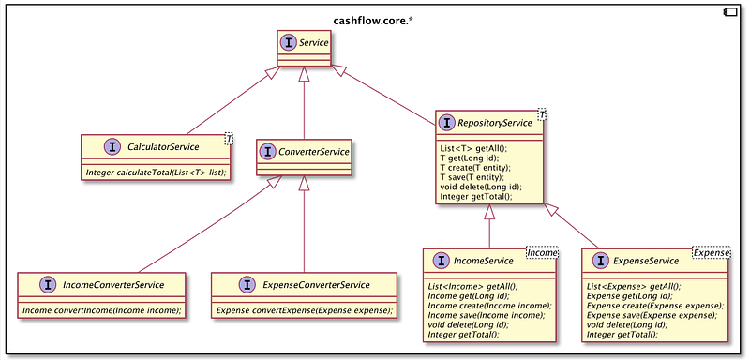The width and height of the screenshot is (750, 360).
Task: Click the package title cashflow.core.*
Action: pos(373,21)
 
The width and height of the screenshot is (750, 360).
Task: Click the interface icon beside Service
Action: pos(288,43)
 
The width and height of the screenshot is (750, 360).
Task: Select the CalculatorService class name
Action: pos(163,147)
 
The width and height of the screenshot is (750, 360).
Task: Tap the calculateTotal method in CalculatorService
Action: pos(156,172)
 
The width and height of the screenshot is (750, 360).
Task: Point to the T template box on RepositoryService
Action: pos(542,114)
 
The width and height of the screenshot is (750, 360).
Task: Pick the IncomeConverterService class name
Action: pos(113,285)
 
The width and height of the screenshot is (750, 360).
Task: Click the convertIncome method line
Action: pos(102,310)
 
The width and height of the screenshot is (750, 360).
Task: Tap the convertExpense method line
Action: pos(304,310)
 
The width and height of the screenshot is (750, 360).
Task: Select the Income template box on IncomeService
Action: pos(543,252)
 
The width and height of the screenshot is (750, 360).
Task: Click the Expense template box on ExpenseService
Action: pos(712,252)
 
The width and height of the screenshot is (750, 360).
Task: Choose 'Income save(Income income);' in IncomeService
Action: pos(487,316)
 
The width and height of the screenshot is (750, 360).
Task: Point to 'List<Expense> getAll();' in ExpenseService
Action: pos(634,287)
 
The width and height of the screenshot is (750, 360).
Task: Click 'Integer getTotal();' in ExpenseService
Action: pos(622,335)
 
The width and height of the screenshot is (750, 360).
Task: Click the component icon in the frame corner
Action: pos(731,12)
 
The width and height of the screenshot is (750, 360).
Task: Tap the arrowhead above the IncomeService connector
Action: pos(488,212)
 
